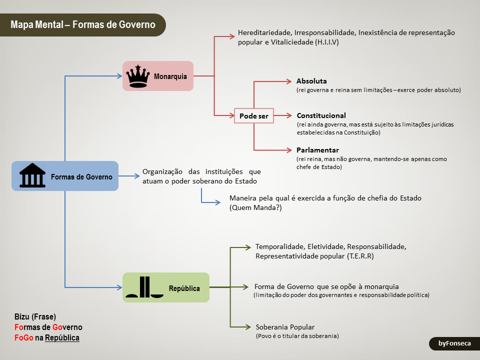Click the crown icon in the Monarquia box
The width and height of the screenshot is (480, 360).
coord(138,76)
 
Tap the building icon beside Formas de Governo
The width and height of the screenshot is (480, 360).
coord(32,176)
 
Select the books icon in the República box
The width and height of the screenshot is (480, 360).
coord(145,287)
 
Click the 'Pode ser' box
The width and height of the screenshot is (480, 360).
coord(254,116)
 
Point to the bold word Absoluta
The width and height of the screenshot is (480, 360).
coord(311,81)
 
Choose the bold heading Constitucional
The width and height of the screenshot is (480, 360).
coord(321,115)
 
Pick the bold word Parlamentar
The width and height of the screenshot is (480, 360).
coord(317,150)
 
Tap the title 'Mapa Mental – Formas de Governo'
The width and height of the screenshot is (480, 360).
coord(82,24)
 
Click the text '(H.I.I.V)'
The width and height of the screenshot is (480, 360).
coord(327,42)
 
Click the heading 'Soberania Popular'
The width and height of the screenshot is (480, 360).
coord(285,326)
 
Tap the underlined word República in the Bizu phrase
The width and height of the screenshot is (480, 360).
coord(62,338)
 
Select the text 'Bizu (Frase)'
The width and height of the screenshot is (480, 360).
coord(35,316)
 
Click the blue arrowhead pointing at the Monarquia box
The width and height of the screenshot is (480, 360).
coord(119,76)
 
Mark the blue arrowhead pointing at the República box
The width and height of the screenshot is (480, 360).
coord(119,287)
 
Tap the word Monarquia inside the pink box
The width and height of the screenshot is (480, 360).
coord(170,76)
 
